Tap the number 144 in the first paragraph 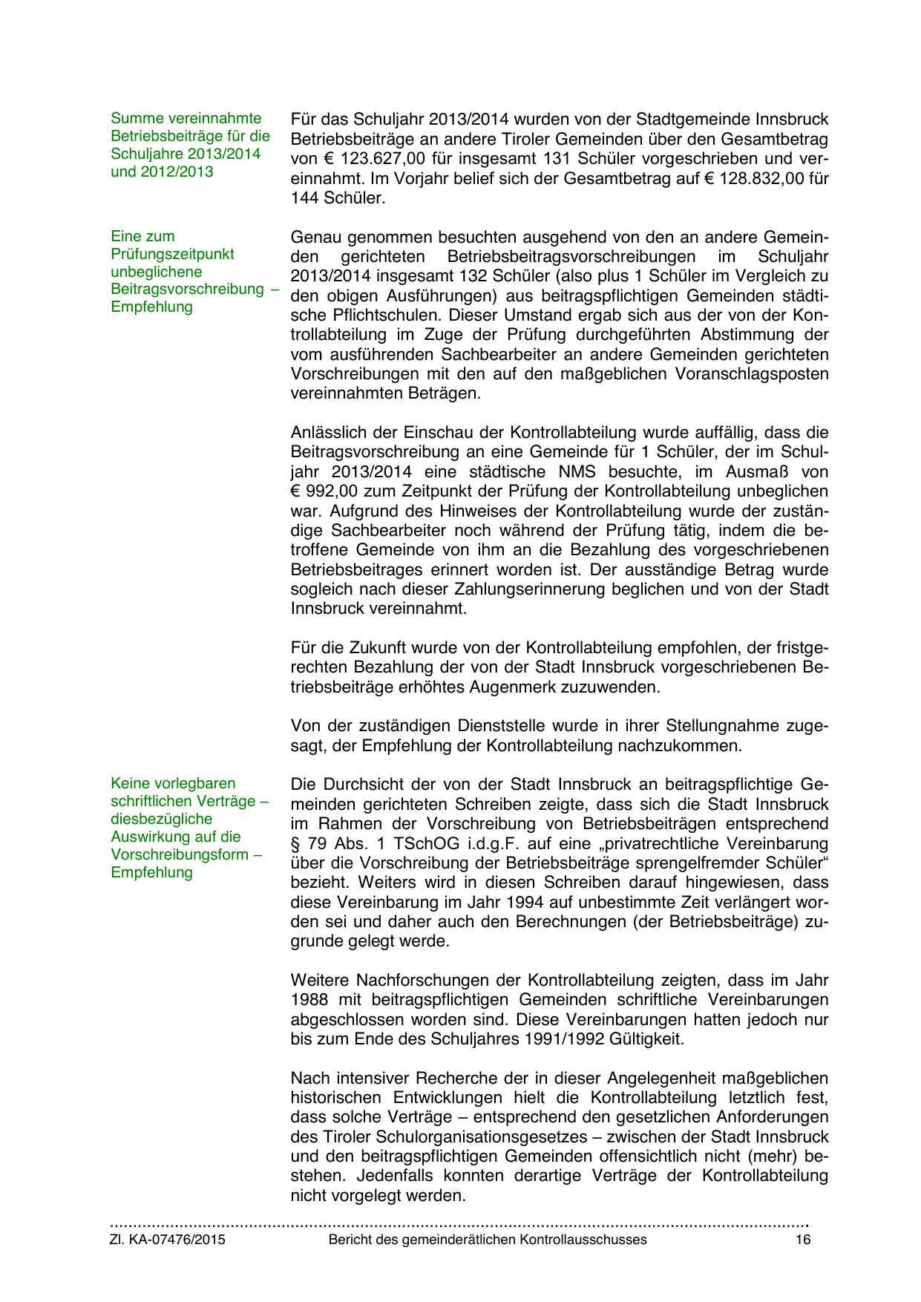[x=304, y=198]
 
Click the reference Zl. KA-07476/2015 [x=168, y=1240]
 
